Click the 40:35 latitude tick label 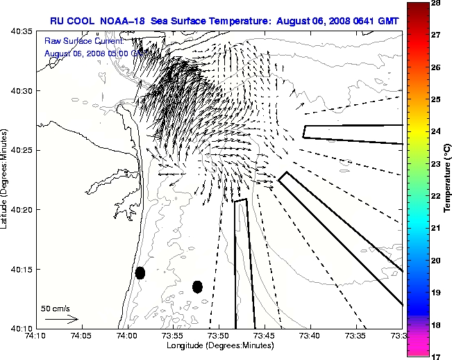point(21,32)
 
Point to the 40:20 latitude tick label point(21,210)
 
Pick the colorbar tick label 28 point(437,3)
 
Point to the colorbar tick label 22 point(437,196)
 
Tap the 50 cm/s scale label point(56,308)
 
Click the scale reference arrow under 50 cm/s point(61,319)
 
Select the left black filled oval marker point(140,272)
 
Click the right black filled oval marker point(197,286)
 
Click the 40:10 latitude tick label point(21,328)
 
